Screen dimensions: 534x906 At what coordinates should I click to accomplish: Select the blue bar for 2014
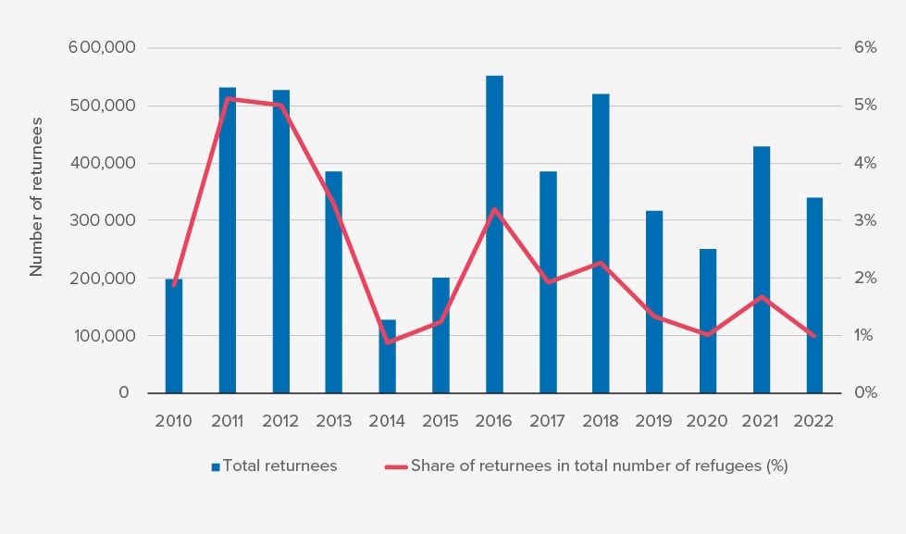point(387,356)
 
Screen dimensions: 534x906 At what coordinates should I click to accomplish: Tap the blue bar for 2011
point(227,241)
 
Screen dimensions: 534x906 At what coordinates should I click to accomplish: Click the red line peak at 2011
point(228,99)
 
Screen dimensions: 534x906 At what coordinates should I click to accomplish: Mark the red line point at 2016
point(494,209)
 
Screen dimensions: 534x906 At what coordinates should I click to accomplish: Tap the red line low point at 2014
point(388,342)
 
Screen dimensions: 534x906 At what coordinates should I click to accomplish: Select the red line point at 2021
point(762,297)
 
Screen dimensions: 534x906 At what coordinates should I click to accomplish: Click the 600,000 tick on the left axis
point(102,48)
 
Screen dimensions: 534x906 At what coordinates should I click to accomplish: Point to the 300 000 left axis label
point(102,220)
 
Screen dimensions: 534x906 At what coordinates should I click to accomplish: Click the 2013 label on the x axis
point(334,421)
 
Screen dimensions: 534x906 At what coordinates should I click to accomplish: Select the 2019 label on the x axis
point(654,421)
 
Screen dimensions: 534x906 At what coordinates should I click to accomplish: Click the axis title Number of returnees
point(37,196)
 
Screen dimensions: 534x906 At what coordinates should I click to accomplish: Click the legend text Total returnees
point(280,466)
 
